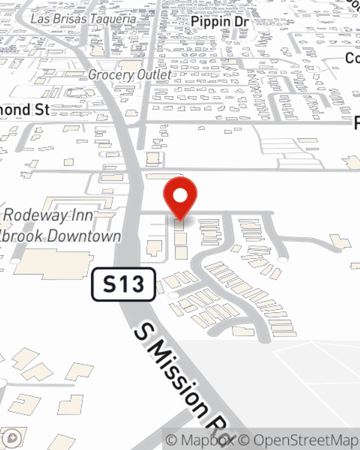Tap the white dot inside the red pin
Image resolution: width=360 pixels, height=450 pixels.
pos(180,196)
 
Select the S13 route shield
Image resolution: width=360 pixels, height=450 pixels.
pos(123,284)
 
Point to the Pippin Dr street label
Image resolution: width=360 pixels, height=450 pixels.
pos(220,22)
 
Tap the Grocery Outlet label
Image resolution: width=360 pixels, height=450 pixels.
pos(130,75)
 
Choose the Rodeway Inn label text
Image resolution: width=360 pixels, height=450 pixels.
pos(48,216)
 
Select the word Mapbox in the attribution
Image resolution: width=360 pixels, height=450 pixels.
pos(207,440)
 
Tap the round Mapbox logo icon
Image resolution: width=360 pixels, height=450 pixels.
pos(12,438)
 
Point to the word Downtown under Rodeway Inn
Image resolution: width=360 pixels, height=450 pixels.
pos(84,237)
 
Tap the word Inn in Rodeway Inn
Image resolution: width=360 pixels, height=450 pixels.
pos(83,216)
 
